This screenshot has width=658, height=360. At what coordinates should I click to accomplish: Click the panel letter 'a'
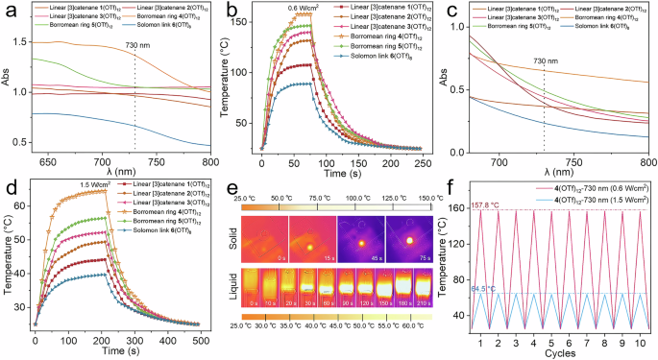[8, 10]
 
